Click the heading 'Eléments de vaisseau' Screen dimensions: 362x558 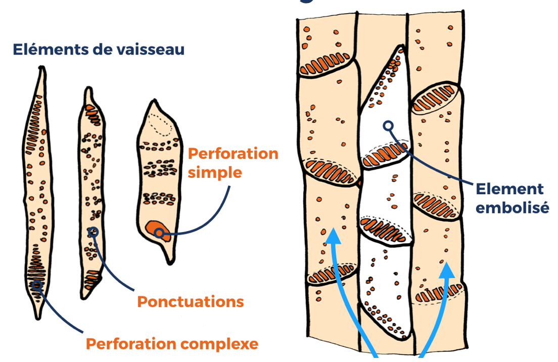click(99, 50)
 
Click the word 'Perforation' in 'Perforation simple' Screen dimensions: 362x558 click(233, 154)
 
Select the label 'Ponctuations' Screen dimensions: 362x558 click(191, 302)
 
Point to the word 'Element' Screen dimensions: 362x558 click(509, 190)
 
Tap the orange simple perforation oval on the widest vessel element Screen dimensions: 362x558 click(156, 229)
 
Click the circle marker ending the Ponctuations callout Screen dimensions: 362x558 click(93, 232)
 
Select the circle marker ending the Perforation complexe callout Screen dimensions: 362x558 click(36, 285)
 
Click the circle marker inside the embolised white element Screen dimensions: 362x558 click(388, 126)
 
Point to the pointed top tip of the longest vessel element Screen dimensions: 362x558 click(41, 68)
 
